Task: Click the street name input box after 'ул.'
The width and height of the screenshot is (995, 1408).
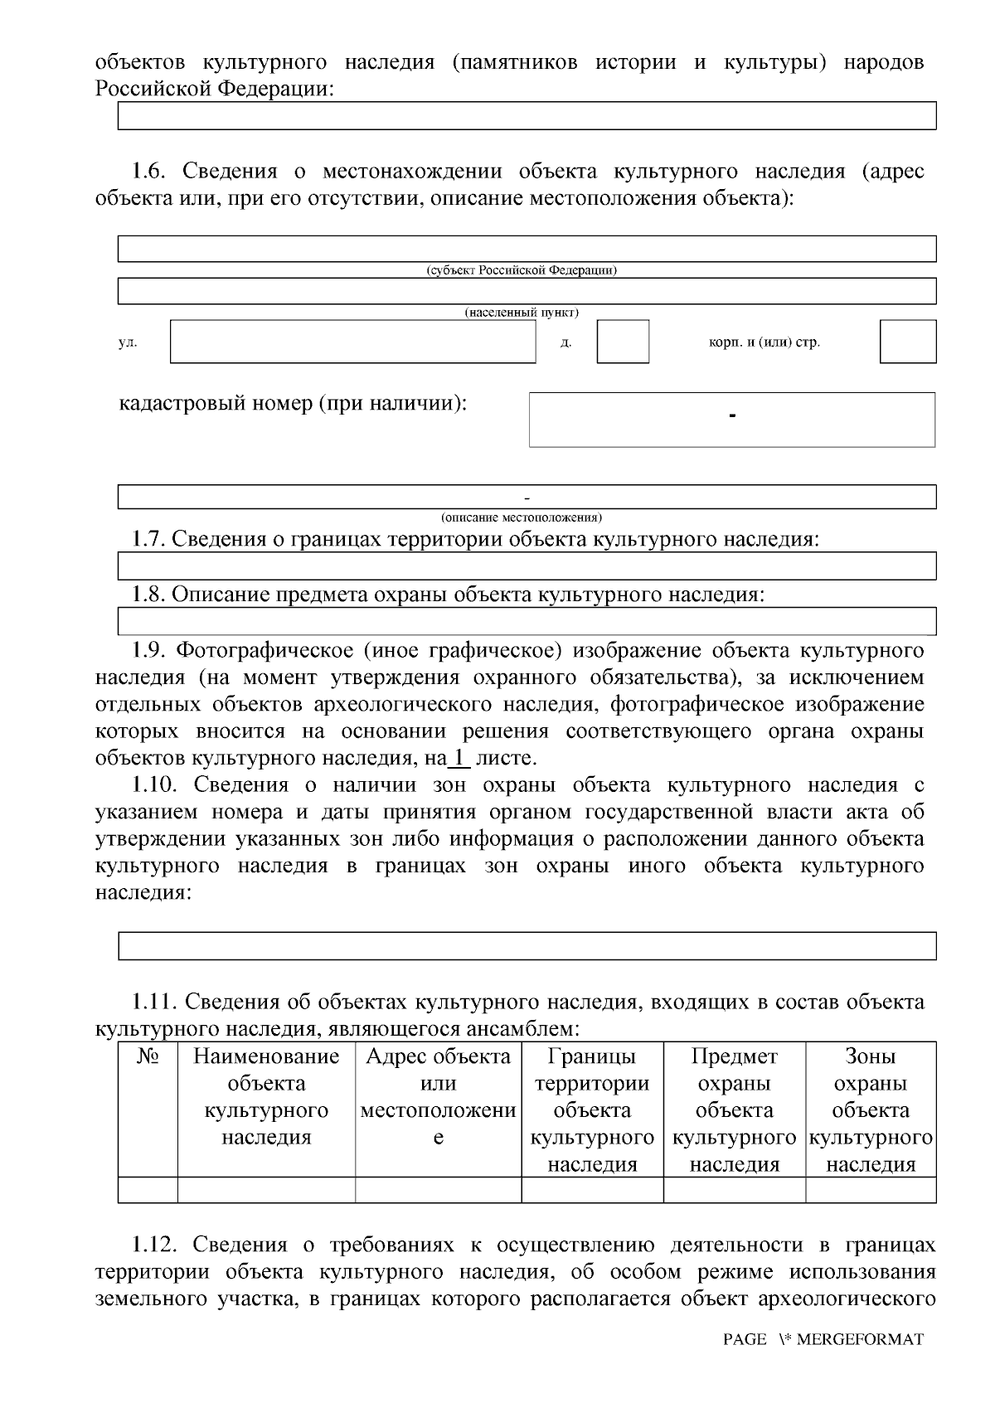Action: click(x=353, y=342)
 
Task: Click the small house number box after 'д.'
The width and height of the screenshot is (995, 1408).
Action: click(x=623, y=342)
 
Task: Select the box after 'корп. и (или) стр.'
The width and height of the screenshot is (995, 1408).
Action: click(x=908, y=342)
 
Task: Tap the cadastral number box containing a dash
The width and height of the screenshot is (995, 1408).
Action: click(x=732, y=420)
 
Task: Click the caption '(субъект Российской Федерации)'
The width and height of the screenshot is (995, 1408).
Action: click(x=522, y=270)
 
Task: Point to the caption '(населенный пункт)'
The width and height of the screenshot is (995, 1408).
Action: click(x=522, y=313)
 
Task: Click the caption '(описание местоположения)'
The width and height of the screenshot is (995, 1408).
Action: click(x=522, y=517)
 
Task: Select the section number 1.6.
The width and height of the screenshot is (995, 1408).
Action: click(x=150, y=172)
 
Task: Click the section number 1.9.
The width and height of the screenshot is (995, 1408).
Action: click(x=150, y=650)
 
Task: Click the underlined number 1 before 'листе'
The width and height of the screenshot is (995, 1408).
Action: click(x=459, y=758)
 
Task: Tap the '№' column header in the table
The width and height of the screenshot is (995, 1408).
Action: click(x=148, y=1056)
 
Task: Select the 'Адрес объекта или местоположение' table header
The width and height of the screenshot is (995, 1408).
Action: click(x=439, y=1096)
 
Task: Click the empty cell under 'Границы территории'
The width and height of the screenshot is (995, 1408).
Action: click(x=592, y=1190)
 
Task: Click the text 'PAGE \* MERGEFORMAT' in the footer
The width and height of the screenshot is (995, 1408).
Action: click(x=823, y=1339)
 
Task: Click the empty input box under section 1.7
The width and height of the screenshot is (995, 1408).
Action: click(x=527, y=566)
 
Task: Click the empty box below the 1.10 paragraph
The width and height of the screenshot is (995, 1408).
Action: click(x=527, y=946)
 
